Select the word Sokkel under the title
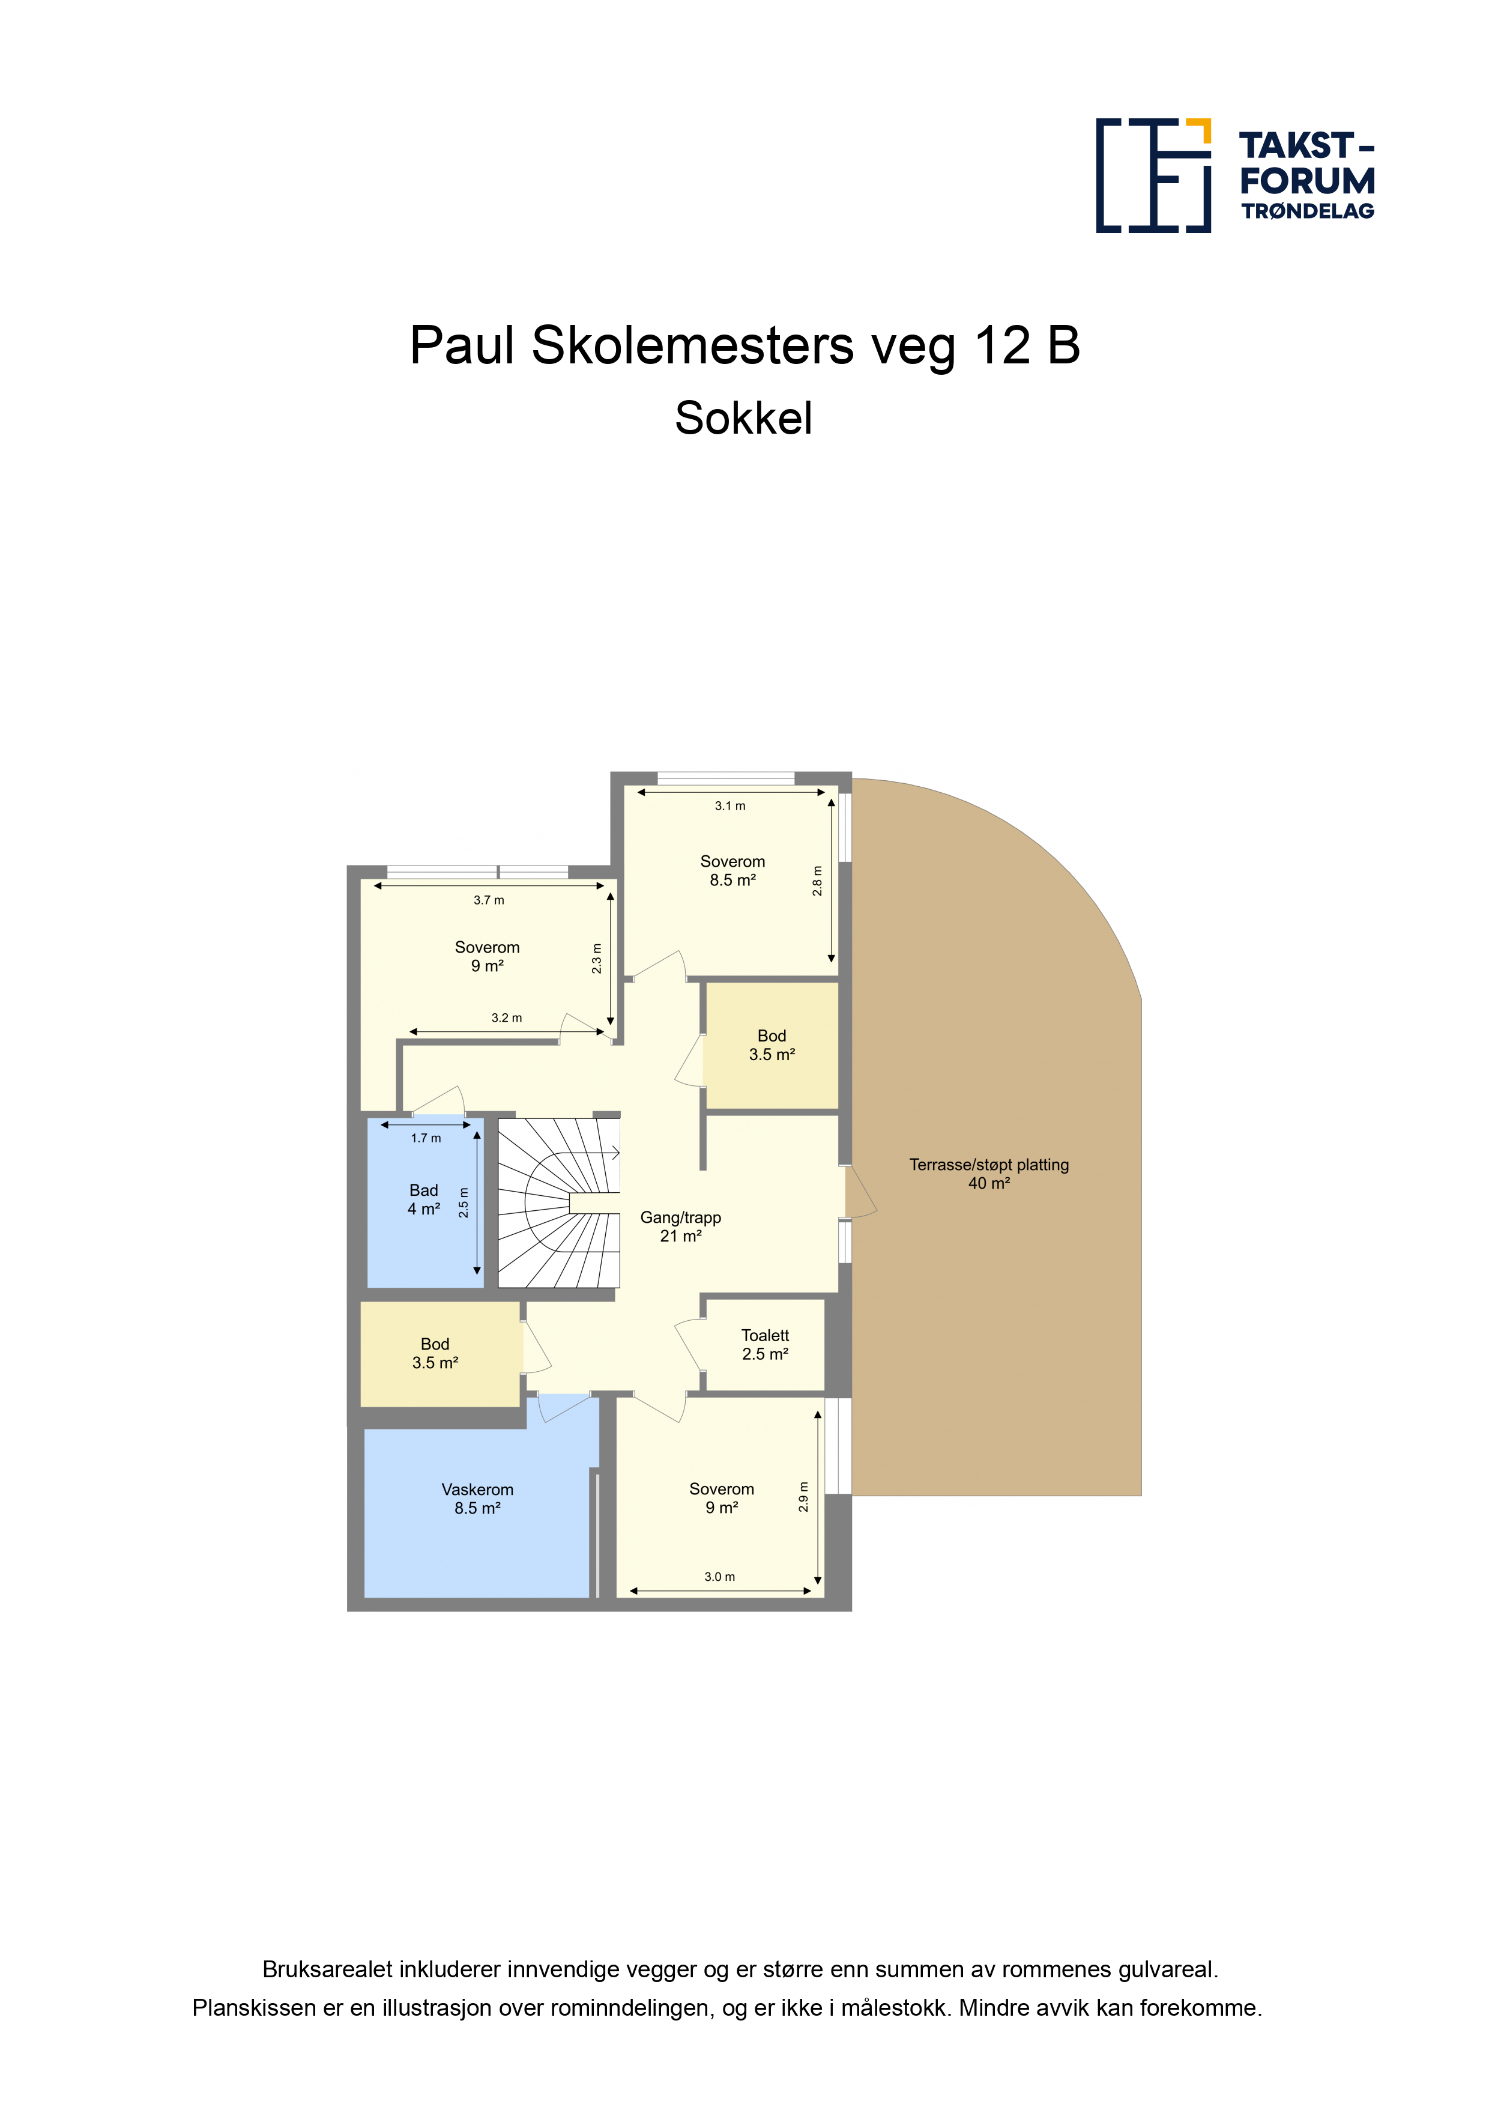(x=743, y=419)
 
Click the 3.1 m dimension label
(x=730, y=805)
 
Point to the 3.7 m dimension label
(x=489, y=900)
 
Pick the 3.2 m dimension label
(x=506, y=1017)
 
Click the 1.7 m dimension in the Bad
(x=426, y=1138)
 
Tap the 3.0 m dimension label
(x=719, y=1577)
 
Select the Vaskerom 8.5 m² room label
(x=477, y=1499)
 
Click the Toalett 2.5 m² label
(x=765, y=1344)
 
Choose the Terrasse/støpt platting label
(x=989, y=1165)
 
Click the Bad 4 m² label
(x=424, y=1199)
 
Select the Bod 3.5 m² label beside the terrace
(x=772, y=1045)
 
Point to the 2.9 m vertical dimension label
(x=804, y=1497)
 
